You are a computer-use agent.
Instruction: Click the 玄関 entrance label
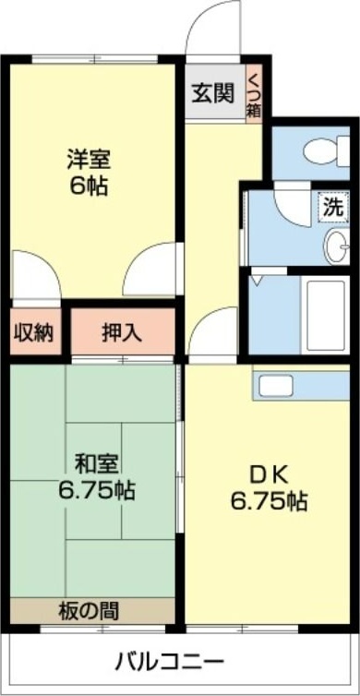point(212,93)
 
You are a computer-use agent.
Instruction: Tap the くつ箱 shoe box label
point(253,95)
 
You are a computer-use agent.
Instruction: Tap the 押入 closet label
point(122,332)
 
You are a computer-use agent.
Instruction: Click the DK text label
point(269,475)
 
